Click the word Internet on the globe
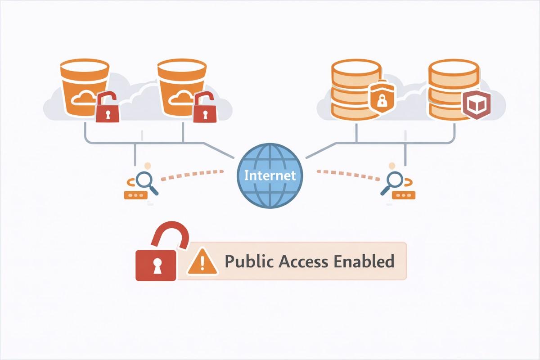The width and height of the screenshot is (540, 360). (270, 175)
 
